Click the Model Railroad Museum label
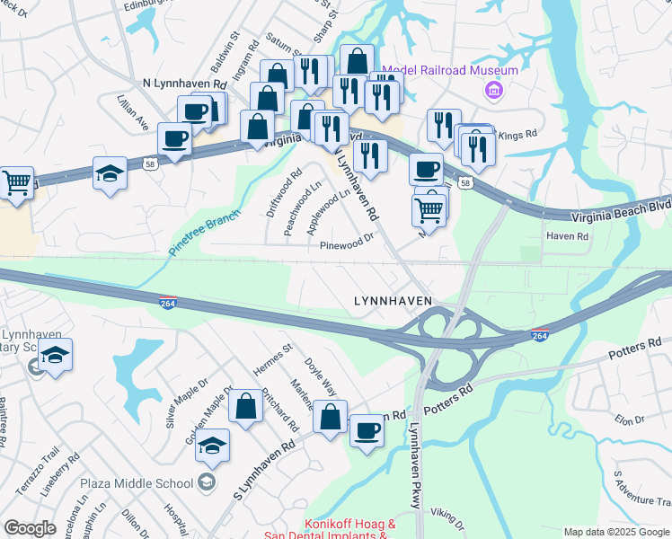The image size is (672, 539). pyautogui.click(x=450, y=71)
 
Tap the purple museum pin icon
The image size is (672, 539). pyautogui.click(x=492, y=91)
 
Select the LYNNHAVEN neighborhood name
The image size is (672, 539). pyautogui.click(x=393, y=301)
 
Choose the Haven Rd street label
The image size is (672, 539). pyautogui.click(x=568, y=237)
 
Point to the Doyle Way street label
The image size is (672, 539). pyautogui.click(x=320, y=375)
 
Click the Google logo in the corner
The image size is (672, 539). pyautogui.click(x=30, y=528)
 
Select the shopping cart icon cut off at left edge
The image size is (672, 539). pyautogui.click(x=15, y=182)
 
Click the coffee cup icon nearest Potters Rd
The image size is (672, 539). pyautogui.click(x=366, y=431)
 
